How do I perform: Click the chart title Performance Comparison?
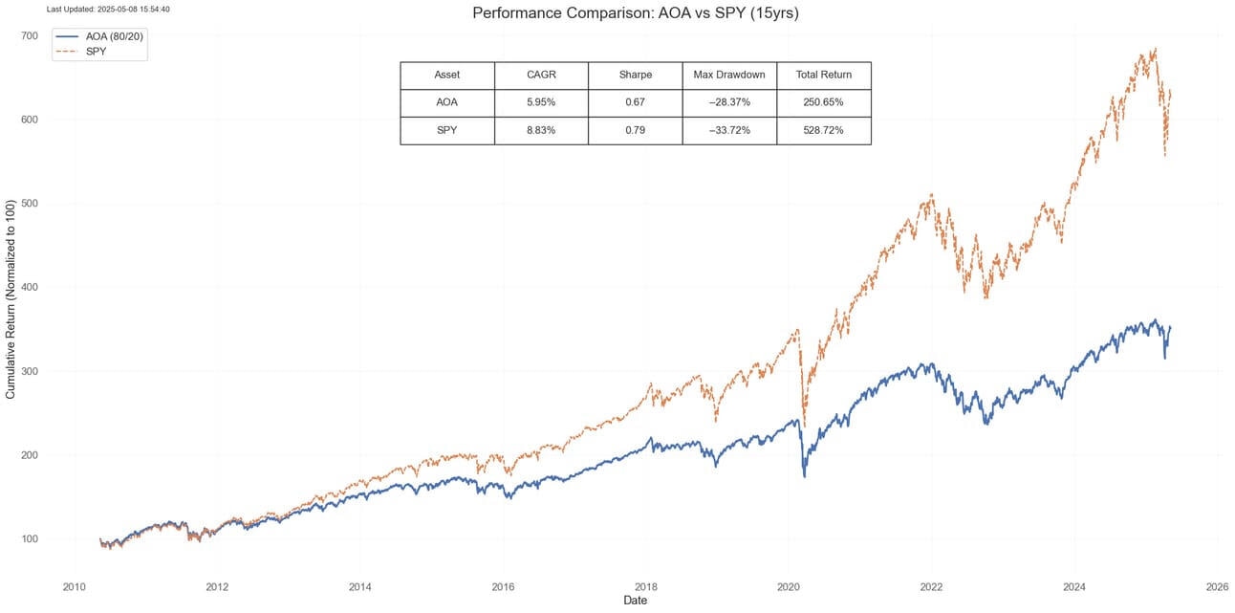click(635, 13)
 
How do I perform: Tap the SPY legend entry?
click(96, 51)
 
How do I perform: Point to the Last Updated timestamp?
click(108, 9)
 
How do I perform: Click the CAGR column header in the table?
click(541, 75)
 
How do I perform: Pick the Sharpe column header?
click(635, 75)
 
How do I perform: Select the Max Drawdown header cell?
click(729, 75)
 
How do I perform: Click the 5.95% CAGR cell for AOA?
click(541, 102)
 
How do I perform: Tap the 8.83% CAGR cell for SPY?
click(541, 130)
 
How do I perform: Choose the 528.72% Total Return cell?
click(823, 130)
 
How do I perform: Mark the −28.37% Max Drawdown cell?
click(729, 102)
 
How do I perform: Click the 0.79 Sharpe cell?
click(635, 130)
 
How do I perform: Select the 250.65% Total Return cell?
click(823, 102)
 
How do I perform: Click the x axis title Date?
click(635, 601)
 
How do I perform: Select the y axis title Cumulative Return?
click(11, 299)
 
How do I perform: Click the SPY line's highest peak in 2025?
click(1156, 49)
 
